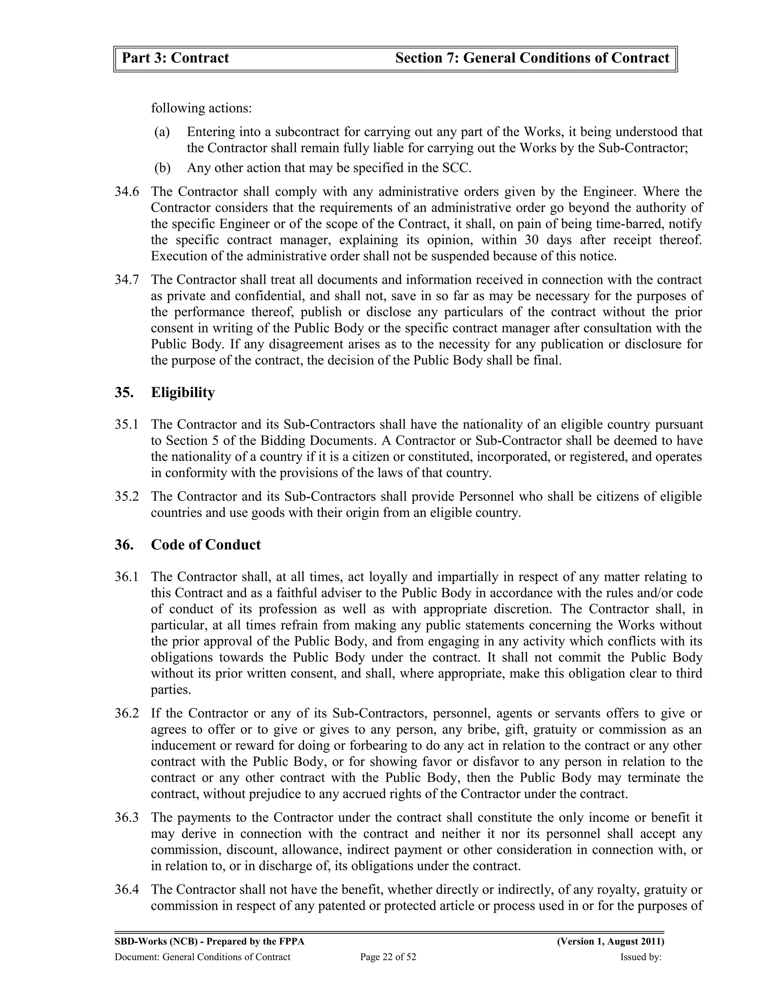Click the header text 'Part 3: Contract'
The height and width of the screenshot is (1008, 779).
click(175, 58)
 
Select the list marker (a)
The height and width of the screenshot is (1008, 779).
click(162, 132)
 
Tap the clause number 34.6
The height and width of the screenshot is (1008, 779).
click(126, 192)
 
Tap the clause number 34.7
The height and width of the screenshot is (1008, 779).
click(126, 280)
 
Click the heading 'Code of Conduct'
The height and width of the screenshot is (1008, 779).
click(205, 545)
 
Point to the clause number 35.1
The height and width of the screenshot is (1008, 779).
click(126, 424)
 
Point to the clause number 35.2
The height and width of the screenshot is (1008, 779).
click(126, 497)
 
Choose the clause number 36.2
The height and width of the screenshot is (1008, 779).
click(126, 714)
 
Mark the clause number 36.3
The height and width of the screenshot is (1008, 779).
click(126, 818)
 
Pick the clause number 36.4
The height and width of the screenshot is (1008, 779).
click(126, 890)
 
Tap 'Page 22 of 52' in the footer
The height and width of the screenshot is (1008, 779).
click(388, 957)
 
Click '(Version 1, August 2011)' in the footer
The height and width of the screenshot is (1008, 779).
click(610, 942)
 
